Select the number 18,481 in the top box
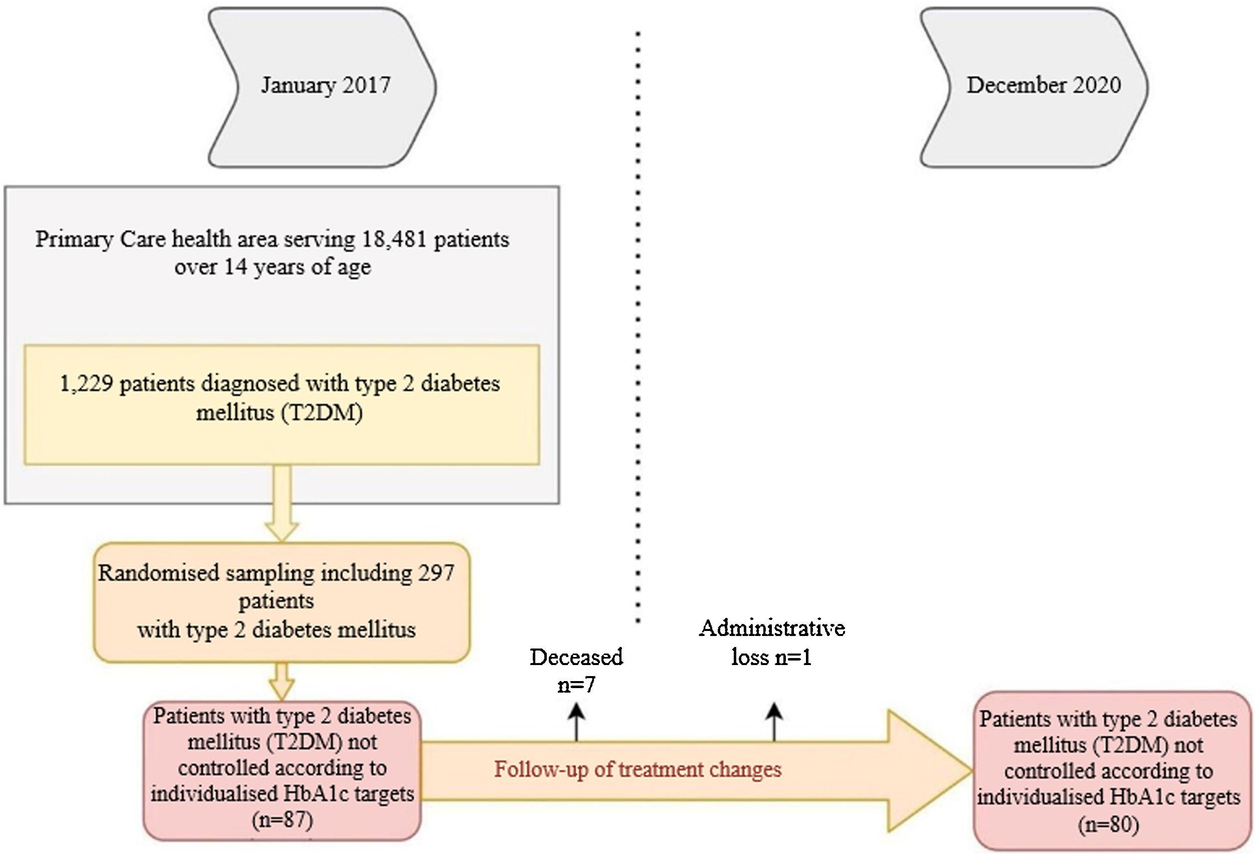394,239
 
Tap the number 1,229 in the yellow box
86,384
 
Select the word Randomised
158,573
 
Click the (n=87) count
282,820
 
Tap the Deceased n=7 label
576,671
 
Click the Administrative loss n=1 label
772,643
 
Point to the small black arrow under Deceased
576,723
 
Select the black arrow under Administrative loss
774,723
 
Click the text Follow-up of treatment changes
638,769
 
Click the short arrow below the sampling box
282,682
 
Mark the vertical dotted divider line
638,324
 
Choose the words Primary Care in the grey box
100,239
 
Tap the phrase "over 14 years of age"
273,267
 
